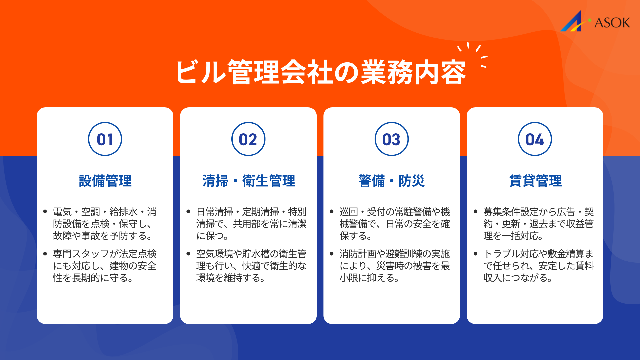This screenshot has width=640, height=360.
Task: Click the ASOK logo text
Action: tap(612, 23)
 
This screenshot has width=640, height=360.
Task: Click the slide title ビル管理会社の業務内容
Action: tap(320, 72)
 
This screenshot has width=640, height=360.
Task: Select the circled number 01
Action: tap(105, 139)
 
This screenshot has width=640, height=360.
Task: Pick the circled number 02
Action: tap(248, 139)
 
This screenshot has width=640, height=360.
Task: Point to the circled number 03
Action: tap(392, 139)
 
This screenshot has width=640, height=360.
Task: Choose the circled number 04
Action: tap(535, 139)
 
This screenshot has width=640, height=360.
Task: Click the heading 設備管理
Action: tap(105, 181)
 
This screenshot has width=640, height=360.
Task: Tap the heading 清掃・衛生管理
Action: tap(248, 181)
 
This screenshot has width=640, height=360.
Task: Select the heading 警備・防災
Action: tap(392, 181)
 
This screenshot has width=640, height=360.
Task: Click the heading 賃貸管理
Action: tap(535, 181)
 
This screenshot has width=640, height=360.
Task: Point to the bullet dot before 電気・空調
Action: tap(45, 212)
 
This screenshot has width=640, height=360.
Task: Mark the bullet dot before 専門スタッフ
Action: tap(45, 254)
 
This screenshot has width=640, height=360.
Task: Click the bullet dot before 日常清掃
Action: tap(188, 212)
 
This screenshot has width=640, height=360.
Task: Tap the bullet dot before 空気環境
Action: tap(188, 254)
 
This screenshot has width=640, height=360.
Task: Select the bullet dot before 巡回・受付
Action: tap(332, 212)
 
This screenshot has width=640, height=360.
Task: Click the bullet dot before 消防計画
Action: tap(332, 254)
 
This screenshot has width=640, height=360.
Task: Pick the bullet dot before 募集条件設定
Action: tap(475, 212)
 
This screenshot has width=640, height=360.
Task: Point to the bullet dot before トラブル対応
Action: tap(475, 254)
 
